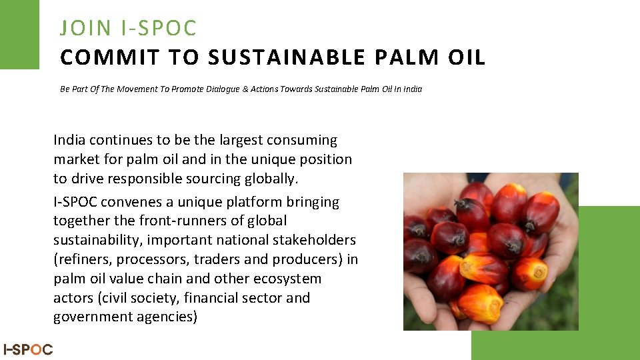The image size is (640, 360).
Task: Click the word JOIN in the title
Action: coord(85,29)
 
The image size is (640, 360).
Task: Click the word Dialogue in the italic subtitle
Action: coord(227,89)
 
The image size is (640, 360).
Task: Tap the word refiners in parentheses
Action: coord(83,259)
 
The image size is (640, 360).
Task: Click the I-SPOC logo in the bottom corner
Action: coord(28,349)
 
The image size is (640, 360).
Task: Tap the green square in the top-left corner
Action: coord(19,33)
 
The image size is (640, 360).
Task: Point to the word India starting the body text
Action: coord(70,140)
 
